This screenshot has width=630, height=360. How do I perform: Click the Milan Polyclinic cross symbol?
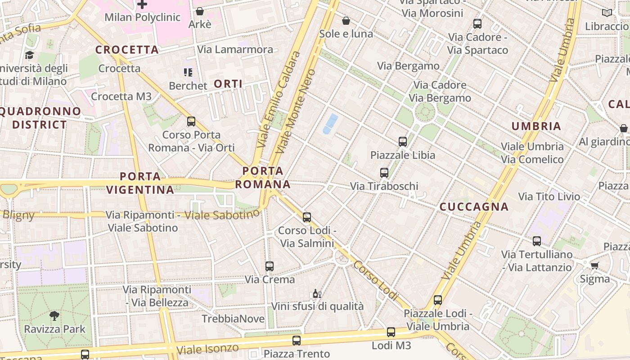142,4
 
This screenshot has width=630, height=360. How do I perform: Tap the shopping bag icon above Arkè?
199,11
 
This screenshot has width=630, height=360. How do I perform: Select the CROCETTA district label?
127,49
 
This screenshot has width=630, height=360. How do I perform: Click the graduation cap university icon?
30,55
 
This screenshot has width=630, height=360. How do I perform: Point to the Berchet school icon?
188,72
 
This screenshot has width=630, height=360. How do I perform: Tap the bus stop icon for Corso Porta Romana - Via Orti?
191,121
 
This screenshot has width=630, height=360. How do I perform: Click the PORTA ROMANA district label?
263,177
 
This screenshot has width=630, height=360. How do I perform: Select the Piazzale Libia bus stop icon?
403,141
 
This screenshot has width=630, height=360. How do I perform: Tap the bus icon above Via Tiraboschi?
384,172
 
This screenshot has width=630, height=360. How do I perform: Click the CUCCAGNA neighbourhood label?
474,207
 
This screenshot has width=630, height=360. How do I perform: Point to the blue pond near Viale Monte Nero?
330,123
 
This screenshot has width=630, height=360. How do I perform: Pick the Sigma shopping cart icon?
594,265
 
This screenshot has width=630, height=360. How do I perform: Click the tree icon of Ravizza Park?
54,316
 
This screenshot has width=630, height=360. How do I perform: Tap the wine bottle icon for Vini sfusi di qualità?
317,294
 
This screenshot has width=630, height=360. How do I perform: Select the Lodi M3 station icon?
391,332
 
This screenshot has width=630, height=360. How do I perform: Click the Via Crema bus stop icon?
269,266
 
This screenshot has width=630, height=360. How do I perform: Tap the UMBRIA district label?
536,126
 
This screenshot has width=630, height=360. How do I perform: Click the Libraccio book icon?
607,13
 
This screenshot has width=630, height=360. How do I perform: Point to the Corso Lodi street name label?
376,280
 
